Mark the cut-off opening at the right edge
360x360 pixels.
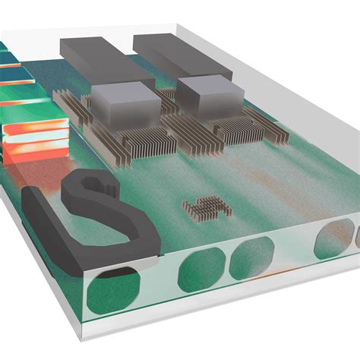click(x=356, y=235)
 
